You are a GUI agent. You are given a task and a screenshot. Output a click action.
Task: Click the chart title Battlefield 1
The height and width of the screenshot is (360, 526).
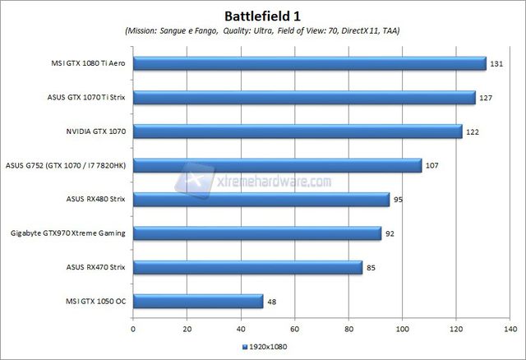coord(262,15)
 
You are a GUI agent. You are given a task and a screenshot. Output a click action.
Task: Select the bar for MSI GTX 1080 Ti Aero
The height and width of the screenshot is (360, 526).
coord(309,63)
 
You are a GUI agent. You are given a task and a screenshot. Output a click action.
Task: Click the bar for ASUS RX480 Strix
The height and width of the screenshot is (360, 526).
coord(261,199)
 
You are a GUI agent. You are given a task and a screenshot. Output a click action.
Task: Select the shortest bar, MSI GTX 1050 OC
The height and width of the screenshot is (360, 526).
coord(198,301)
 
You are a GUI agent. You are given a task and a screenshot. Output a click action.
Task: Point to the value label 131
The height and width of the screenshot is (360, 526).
coord(497,63)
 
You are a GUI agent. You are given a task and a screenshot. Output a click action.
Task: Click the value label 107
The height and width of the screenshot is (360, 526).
coord(432,165)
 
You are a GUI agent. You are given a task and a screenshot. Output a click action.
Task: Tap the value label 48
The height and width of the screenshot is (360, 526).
coord(272,302)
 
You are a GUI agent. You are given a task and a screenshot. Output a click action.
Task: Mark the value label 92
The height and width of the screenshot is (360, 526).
coord(390,233)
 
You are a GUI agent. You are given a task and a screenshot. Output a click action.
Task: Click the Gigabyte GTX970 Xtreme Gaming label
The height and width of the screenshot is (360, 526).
coord(67,233)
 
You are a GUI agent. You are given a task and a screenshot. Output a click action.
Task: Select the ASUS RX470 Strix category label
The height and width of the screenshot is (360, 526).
coord(95,267)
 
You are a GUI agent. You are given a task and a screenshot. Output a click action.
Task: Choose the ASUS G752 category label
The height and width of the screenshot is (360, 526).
coord(66,165)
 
